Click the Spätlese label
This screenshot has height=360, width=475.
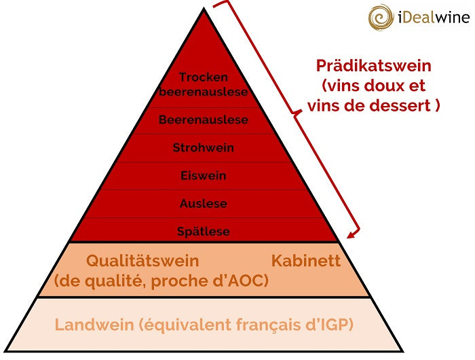coord(204,232)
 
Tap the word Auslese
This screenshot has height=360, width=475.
coord(204,204)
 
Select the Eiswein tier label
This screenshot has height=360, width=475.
coord(204,176)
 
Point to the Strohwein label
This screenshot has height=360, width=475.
coord(204,147)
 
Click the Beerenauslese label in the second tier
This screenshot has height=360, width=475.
coord(204,120)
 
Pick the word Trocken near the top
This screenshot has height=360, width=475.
coord(204,77)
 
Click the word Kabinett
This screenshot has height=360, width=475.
coord(306,261)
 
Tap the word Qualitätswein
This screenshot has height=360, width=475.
coord(142,261)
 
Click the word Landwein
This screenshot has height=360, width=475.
coord(94,325)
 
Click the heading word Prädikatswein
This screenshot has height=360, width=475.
coord(373,66)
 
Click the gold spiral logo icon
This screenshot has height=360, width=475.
coord(381,17)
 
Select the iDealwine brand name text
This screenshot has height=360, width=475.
coord(434,17)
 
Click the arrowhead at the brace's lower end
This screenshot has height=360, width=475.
coord(351,235)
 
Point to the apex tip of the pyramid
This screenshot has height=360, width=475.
coord(204,9)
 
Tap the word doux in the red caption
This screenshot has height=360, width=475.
coord(383,86)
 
